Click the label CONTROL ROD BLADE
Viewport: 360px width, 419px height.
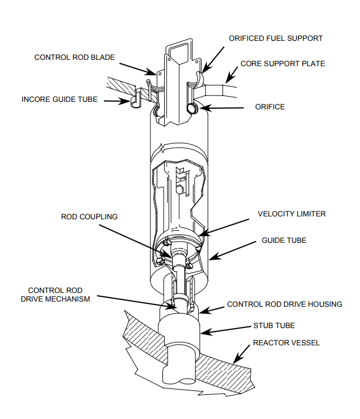click(x=74, y=57)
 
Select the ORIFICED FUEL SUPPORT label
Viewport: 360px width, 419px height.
click(x=275, y=39)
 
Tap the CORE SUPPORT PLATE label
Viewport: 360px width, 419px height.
click(x=282, y=63)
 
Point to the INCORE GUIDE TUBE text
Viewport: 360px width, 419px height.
click(x=59, y=100)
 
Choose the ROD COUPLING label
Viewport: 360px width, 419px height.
click(x=89, y=217)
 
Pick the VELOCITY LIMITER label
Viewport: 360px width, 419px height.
click(x=291, y=214)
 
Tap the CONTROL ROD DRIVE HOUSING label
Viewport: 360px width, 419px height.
click(x=285, y=304)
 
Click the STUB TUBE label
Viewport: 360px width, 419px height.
click(x=273, y=325)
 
